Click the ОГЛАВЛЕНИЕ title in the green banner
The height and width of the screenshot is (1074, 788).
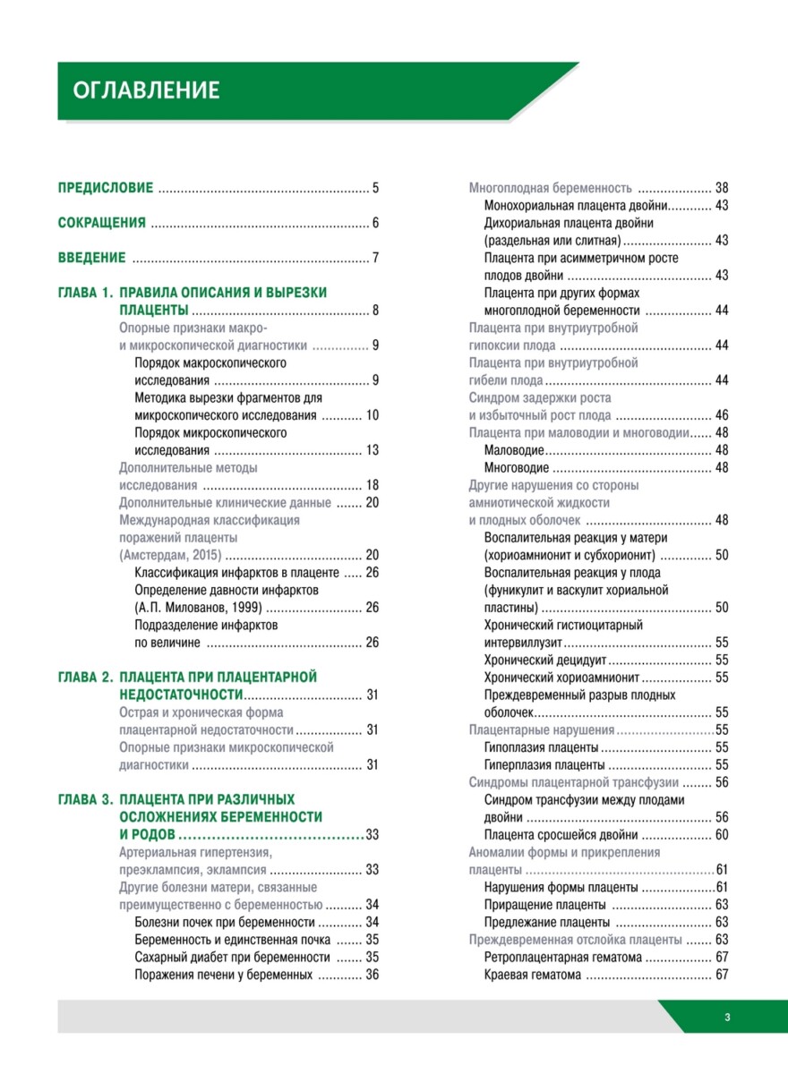145,90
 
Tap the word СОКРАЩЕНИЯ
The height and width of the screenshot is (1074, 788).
101,224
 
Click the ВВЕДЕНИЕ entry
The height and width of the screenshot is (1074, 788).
91,259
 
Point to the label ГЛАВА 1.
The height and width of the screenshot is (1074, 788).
85,294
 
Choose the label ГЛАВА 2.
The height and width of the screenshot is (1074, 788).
85,678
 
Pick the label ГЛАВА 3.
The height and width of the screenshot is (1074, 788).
85,799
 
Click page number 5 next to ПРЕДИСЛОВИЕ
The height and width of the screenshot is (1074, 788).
376,189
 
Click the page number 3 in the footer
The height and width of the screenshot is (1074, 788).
728,1017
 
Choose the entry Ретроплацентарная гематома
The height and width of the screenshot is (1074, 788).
562,958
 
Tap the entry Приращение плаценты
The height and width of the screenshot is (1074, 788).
545,905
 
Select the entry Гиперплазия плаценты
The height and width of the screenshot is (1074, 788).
544,765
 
